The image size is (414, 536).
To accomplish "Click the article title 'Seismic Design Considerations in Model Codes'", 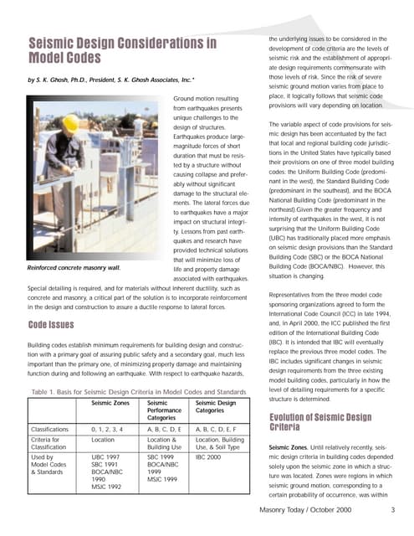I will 122,50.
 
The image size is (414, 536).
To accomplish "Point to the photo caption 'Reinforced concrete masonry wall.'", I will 74,267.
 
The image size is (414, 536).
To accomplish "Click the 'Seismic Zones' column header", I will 111,403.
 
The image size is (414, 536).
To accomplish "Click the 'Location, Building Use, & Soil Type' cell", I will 221,443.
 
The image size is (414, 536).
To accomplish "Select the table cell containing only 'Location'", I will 104,439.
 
